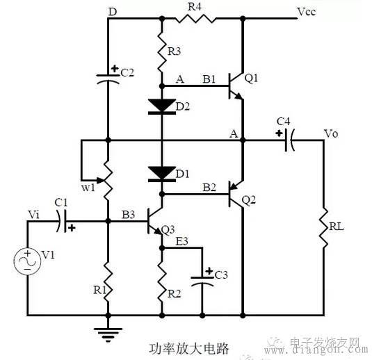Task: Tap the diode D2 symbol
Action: click(161, 106)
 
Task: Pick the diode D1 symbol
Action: click(161, 172)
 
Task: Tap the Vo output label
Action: click(331, 132)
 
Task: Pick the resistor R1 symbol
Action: click(108, 278)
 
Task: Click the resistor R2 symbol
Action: click(161, 281)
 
